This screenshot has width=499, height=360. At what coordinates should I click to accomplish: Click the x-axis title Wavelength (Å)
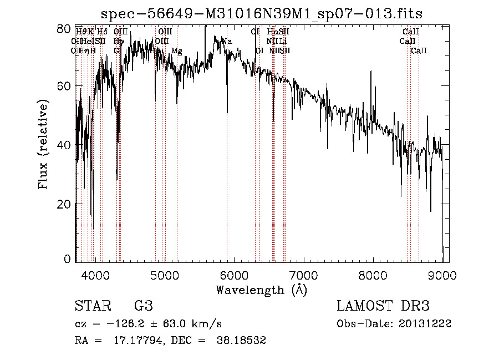click(261, 290)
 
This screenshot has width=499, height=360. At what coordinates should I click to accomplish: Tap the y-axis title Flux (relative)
click(43, 144)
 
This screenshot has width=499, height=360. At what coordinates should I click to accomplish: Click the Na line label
click(226, 41)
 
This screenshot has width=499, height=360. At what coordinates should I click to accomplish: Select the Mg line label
click(177, 51)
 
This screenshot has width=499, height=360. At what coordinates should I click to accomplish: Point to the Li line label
click(283, 41)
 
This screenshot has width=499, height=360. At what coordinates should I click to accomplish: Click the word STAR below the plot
click(89, 306)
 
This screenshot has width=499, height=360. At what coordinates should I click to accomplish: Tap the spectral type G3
click(144, 306)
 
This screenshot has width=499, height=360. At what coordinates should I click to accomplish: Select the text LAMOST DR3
click(383, 306)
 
